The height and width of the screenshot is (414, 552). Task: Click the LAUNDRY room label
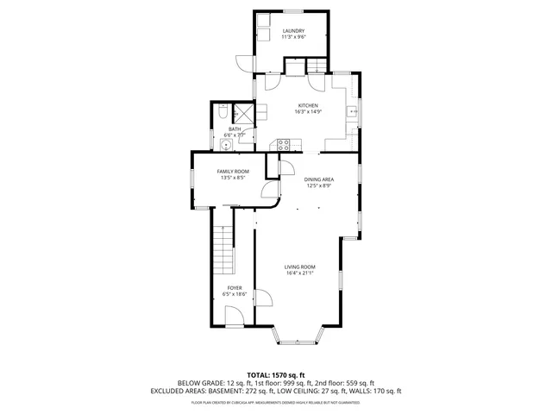tap(292, 32)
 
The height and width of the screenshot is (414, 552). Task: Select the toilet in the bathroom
tap(223, 112)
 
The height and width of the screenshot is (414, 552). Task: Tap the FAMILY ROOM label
tap(233, 172)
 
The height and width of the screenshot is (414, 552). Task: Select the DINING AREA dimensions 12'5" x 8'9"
tap(319, 185)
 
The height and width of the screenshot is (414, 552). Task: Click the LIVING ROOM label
tap(300, 267)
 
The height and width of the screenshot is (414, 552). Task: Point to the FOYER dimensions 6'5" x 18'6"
tap(235, 294)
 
